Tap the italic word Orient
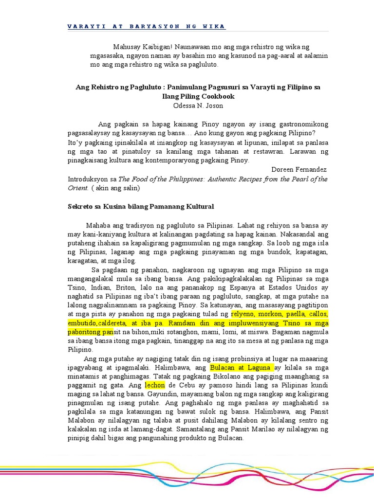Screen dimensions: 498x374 click(x=77, y=187)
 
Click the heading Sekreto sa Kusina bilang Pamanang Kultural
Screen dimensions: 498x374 click(x=141, y=207)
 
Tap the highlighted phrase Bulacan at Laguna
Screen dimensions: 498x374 click(x=242, y=367)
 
